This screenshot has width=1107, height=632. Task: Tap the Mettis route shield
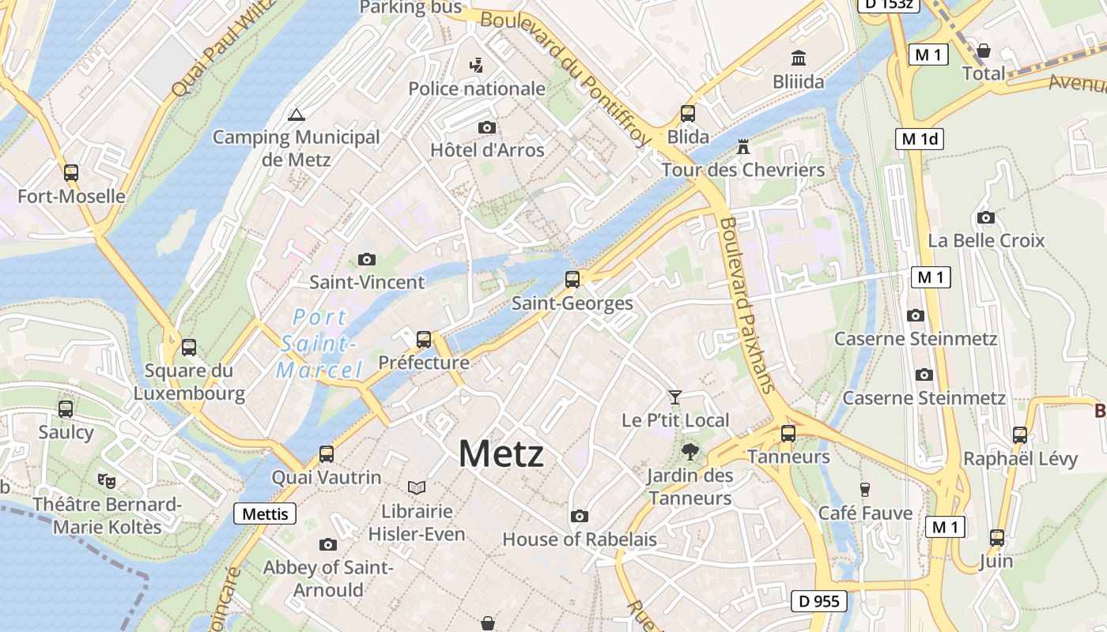point(265,514)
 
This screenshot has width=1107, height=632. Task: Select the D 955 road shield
point(819,601)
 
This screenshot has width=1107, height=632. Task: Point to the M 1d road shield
point(920,139)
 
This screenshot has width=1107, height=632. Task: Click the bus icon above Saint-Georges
point(572,279)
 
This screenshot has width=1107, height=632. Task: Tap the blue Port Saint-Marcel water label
point(319,344)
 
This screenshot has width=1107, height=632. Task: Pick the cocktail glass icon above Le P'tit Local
point(674,397)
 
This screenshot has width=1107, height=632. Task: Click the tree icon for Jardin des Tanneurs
point(690,452)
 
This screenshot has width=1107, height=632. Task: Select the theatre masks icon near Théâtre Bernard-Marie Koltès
point(107,480)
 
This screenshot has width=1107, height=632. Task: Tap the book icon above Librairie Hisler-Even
point(416,487)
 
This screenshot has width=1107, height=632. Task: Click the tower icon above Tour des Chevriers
point(742,146)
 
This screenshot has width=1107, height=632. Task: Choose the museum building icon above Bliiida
point(799,58)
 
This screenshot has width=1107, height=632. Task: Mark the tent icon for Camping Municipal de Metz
point(297,115)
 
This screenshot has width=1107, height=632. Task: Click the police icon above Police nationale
point(476,65)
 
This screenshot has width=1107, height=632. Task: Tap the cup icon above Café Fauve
point(865,490)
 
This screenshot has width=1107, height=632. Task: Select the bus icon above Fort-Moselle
point(71,172)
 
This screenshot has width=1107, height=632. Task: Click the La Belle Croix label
point(986,240)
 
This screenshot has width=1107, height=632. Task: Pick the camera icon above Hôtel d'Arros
point(487,127)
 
